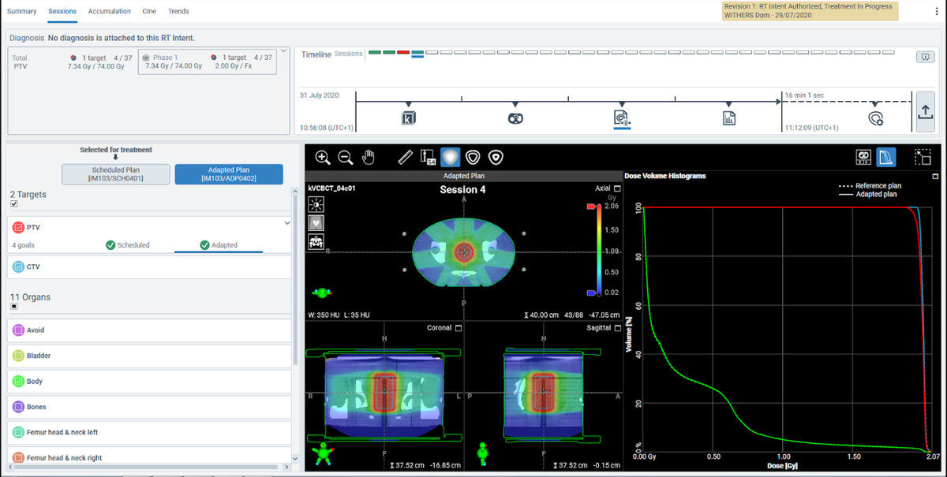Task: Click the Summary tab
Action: [22, 11]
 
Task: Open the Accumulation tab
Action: [110, 11]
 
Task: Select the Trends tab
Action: [178, 11]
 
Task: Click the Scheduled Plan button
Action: [115, 174]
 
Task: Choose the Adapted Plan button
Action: [228, 174]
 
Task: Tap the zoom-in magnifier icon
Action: [323, 157]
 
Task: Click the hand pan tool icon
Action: [369, 157]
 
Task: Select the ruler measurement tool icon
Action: [406, 157]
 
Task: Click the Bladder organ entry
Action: [39, 356]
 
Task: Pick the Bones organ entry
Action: [36, 407]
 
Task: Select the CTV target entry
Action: [33, 267]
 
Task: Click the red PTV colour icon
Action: [19, 227]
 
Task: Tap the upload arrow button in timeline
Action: [926, 112]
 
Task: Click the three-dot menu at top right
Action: [936, 10]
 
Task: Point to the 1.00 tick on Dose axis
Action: [783, 457]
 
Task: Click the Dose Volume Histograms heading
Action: [664, 176]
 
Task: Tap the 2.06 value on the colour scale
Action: [612, 206]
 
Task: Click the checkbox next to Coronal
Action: [458, 328]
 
